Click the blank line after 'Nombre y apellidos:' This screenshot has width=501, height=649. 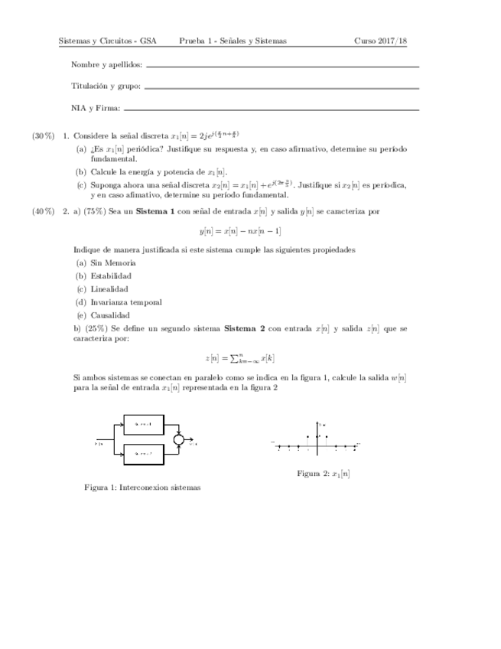point(282,67)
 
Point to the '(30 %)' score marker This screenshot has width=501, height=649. point(43,135)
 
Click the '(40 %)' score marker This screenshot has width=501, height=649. point(43,210)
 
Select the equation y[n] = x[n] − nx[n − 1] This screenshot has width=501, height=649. point(239,230)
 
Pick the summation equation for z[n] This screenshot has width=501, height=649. point(239,357)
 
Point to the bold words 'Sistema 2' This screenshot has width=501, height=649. point(244,328)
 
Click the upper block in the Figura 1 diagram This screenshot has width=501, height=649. point(145,423)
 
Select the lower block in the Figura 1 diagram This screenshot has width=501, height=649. point(145,454)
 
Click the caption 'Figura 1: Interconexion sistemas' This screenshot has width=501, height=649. point(142,487)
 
